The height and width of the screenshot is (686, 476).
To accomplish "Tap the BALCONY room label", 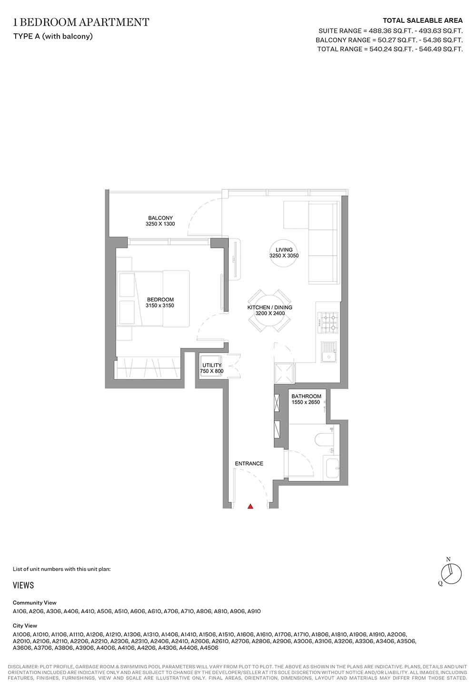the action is tap(160, 218).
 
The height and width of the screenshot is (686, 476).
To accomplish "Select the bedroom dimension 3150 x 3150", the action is tap(160, 305).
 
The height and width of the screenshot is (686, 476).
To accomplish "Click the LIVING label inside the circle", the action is tap(284, 249).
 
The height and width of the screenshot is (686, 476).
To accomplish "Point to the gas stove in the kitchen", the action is tap(328, 323).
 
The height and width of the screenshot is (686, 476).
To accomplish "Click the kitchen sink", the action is tap(329, 352).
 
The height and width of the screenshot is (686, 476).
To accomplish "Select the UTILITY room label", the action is tap(212, 365).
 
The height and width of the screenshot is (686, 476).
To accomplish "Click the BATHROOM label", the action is tap(307, 396).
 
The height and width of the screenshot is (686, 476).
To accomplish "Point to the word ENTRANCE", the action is tap(249, 464).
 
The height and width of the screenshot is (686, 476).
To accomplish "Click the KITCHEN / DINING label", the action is tap(270, 308).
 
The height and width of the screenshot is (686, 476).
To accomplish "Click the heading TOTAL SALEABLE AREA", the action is tap(423, 21).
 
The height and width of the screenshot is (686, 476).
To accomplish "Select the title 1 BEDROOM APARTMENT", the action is tap(81, 22).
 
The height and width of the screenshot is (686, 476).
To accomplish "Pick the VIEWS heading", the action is tap(23, 585).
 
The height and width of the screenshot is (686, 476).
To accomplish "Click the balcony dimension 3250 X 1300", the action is tap(160, 224).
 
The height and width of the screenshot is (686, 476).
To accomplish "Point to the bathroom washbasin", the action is tap(331, 467).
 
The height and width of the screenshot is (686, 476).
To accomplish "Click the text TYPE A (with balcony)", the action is tap(53, 36).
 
